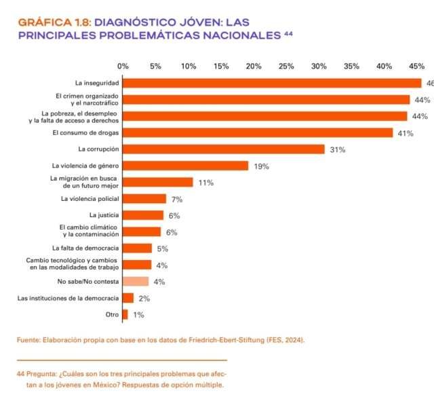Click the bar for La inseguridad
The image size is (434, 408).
click(x=271, y=83)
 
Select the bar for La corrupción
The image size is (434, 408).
click(x=223, y=149)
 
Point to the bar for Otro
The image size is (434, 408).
click(x=125, y=314)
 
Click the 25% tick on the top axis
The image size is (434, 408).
click(x=286, y=66)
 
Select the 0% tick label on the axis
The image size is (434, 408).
click(x=123, y=66)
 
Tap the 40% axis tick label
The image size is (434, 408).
click(x=384, y=66)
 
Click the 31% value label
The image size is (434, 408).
click(x=338, y=149)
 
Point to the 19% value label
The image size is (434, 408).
click(x=262, y=166)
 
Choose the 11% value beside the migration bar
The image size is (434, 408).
click(x=206, y=183)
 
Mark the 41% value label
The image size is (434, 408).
click(x=406, y=133)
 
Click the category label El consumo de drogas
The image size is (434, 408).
click(x=85, y=132)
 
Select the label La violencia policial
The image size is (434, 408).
click(x=90, y=199)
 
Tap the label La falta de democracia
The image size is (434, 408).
click(x=85, y=248)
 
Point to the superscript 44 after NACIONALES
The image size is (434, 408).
click(x=288, y=33)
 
